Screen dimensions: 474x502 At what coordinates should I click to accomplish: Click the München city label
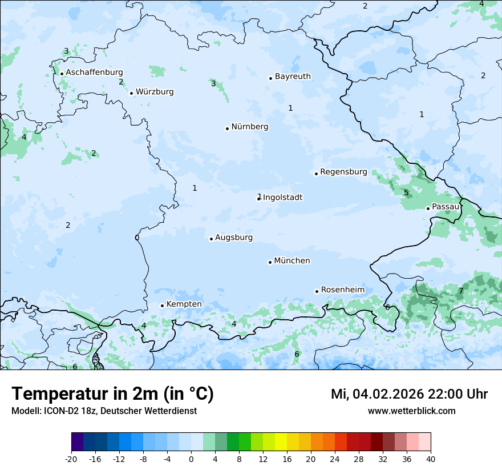click(292, 261)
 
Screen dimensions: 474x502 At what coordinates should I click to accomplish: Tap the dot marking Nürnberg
click(227, 128)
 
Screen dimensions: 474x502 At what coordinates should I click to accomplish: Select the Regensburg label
click(343, 172)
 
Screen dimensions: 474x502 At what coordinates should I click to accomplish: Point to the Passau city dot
click(428, 208)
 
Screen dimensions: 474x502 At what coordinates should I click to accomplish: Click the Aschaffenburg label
click(94, 73)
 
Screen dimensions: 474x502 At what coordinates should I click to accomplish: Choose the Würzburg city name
click(155, 92)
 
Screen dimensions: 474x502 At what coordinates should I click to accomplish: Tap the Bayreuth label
click(293, 77)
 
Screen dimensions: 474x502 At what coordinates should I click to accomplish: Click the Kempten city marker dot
click(162, 306)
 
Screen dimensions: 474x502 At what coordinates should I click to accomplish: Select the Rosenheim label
click(342, 290)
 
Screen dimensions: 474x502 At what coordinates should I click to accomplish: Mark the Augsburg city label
click(234, 238)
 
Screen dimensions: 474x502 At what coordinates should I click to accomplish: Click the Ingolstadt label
click(282, 198)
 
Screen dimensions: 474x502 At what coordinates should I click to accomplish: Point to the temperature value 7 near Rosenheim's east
click(461, 291)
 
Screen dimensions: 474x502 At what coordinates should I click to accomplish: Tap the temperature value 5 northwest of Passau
click(406, 192)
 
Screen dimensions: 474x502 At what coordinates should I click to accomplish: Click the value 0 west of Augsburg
click(137, 238)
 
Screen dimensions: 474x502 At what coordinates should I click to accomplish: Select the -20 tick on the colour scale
click(71, 459)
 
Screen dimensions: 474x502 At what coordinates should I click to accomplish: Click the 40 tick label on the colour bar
click(430, 459)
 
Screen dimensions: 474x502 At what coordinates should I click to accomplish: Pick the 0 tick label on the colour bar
click(191, 459)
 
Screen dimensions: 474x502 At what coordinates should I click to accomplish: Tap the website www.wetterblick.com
click(411, 411)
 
